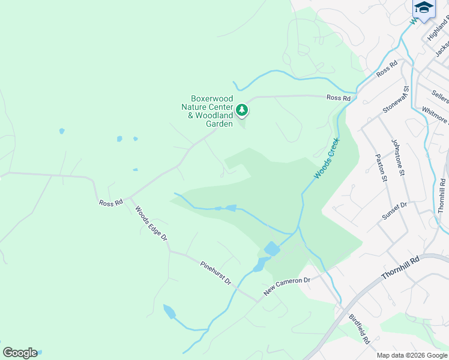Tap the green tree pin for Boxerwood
241,110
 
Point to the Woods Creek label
327,158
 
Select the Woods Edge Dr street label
150,224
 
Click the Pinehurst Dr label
216,272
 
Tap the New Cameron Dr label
287,287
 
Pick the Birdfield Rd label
360,329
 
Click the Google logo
20,353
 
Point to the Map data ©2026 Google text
412,355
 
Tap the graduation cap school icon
424,8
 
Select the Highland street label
438,29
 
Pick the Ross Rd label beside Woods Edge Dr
111,203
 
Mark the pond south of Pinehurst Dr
169,311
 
